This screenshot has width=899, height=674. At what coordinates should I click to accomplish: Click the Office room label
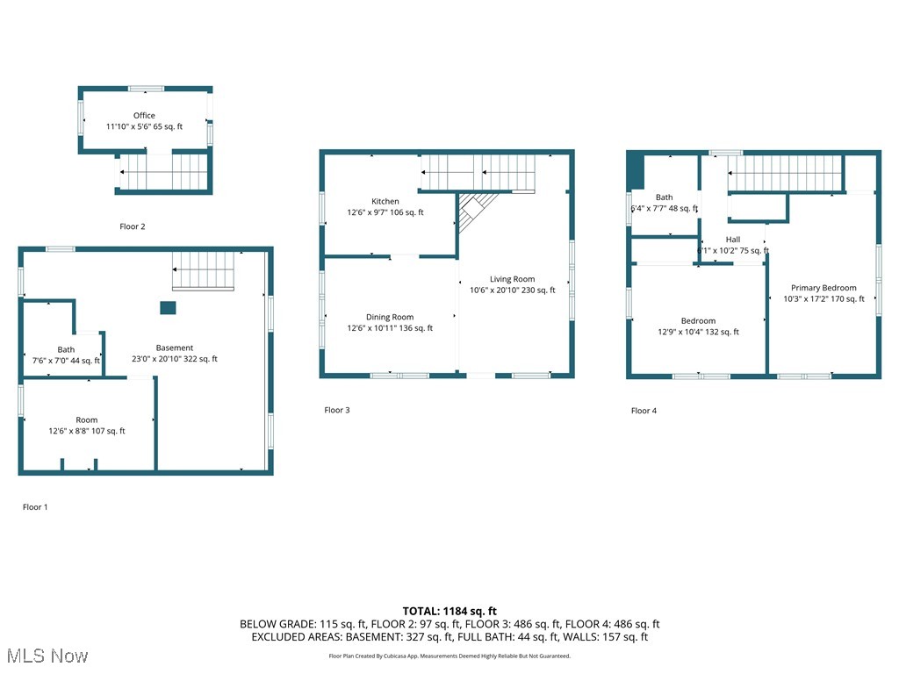coord(144,116)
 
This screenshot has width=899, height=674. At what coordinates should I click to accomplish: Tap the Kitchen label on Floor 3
coord(385,202)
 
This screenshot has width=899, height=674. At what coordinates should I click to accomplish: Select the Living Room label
coord(512,279)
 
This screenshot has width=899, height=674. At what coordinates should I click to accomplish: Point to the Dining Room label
coord(390,318)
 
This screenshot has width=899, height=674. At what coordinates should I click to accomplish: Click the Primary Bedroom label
coord(823,288)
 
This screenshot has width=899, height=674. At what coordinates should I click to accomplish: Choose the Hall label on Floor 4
coord(733,240)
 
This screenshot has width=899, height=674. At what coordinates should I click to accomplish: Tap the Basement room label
coord(175,348)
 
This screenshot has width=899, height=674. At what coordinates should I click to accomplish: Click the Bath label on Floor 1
coord(67,350)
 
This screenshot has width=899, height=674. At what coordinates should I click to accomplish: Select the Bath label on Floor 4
coord(664,197)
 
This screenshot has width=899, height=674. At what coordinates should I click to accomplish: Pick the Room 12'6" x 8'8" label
coord(86,420)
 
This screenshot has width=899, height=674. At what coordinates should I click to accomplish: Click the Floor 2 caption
coord(133,226)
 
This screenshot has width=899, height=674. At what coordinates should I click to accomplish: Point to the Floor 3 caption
coord(337,410)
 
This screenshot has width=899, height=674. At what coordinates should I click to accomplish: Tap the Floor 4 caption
coord(644,411)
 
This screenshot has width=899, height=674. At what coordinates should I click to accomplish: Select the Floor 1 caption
coord(35,507)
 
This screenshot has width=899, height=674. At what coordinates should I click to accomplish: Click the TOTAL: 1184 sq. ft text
coord(449,611)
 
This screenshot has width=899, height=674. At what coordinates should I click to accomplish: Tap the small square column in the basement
coord(167,307)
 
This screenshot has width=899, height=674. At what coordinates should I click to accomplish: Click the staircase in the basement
coord(204,270)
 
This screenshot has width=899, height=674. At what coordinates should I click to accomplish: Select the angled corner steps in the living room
coord(477,211)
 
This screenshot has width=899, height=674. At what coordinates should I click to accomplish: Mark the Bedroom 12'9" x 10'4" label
coord(698,321)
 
